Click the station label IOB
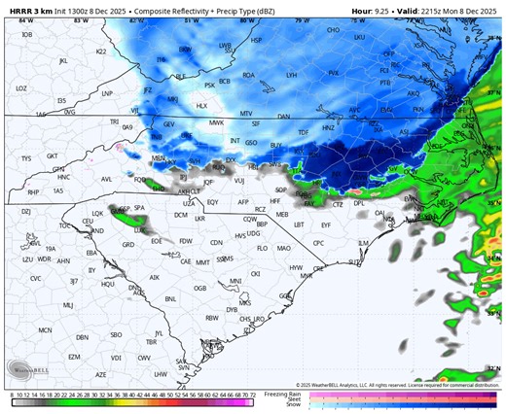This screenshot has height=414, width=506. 25,35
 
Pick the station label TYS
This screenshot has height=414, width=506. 25,158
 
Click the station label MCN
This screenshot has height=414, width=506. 44,330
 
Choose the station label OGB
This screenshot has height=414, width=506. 199,288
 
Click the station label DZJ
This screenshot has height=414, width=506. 26,211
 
